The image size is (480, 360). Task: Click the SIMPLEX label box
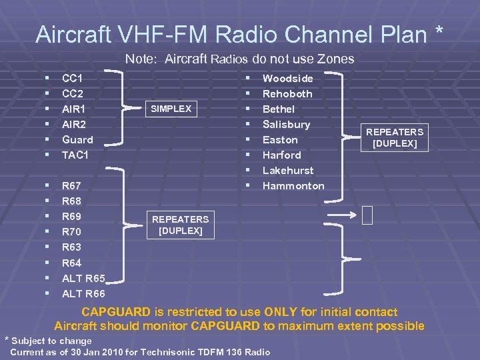pos(171,109)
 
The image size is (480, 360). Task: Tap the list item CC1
pos(72,78)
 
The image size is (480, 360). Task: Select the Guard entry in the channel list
pos(77,139)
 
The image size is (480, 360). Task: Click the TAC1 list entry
pos(75,155)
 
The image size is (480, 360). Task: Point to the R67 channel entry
pos(72,186)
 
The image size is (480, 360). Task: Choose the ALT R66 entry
pos(83,293)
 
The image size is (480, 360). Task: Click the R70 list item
pos(72,232)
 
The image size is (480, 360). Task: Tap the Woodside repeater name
pos(288,78)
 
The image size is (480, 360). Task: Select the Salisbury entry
pos(287,124)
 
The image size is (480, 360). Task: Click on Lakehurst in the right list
pos(288,170)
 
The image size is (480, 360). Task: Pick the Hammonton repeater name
pos(293,186)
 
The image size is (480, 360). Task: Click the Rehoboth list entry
pos(287,93)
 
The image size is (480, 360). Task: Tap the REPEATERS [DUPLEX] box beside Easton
pos(395,138)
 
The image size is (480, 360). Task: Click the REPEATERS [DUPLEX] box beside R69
pos(180,225)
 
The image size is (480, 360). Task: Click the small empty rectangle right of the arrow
pos(367,215)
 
